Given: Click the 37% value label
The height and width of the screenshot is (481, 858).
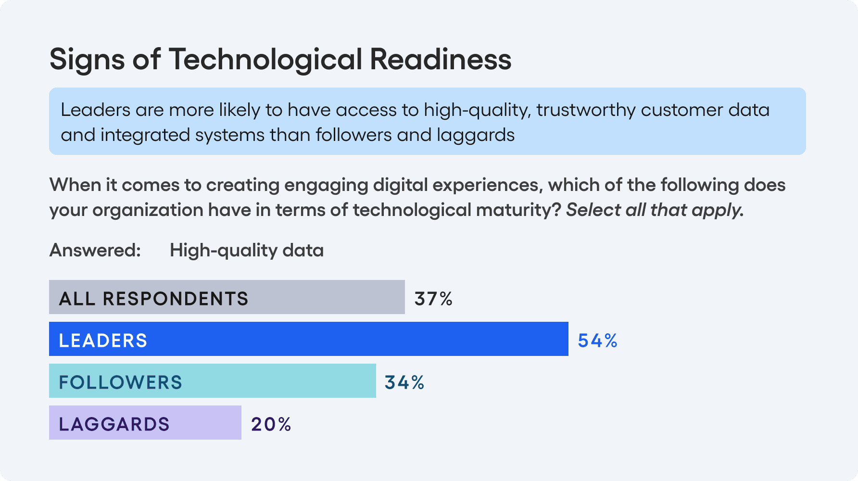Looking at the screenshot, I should click(x=433, y=299).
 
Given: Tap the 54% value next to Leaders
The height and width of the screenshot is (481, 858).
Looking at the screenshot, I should click(x=597, y=341).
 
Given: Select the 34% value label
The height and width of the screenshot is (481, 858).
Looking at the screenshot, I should click(x=404, y=382).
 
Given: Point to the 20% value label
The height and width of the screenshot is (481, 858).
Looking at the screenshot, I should click(x=271, y=424).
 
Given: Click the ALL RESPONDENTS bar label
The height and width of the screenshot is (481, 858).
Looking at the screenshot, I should click(x=153, y=299).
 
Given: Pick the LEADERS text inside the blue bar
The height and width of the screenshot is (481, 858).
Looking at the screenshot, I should click(x=103, y=341).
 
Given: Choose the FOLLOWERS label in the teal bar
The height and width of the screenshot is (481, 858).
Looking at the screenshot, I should click(x=120, y=382).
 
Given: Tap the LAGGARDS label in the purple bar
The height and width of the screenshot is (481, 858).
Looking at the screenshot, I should click(x=114, y=424).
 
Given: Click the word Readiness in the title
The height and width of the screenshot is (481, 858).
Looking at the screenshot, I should click(x=440, y=60).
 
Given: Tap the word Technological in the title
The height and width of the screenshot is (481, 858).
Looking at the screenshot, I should click(x=265, y=60).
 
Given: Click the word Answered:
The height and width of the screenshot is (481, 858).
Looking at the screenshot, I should click(x=95, y=250).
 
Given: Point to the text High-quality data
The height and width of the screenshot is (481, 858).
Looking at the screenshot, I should click(x=246, y=251).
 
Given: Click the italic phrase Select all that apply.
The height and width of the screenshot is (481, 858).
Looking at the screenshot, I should click(x=655, y=210).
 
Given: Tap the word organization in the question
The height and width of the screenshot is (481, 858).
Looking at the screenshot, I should click(x=148, y=210).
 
